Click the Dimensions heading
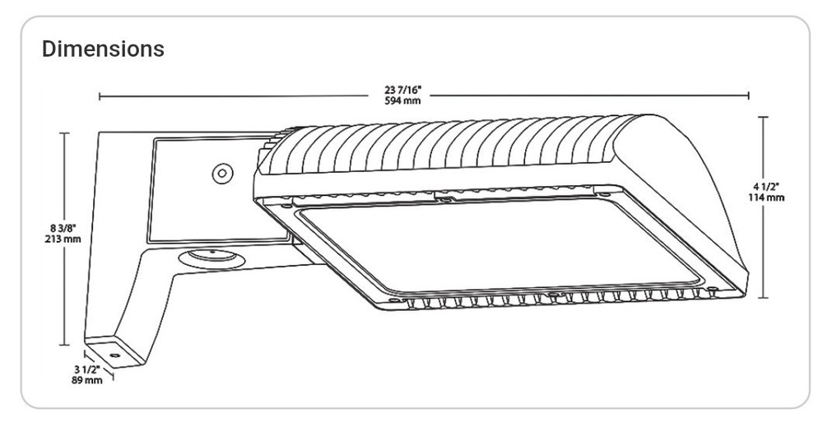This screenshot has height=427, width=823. coord(103,49)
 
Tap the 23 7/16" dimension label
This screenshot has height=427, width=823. coord(402,91)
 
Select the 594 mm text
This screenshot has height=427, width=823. coord(402,100)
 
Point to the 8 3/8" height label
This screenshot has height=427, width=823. coord(63,228)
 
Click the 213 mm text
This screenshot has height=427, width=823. coord(63,239)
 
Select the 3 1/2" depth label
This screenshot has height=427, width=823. coord(87,370)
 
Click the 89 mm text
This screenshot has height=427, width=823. coord(87,380)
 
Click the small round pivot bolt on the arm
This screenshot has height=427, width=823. coord(222,173)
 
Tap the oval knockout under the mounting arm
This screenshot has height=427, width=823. coord(212,259)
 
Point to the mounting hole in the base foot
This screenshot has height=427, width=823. coord(114,355)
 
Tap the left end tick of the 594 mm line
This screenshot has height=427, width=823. coord(100,96)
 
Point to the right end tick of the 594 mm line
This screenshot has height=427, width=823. coord(748,95)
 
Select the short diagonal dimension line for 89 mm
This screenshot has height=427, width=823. coord(99,365)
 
